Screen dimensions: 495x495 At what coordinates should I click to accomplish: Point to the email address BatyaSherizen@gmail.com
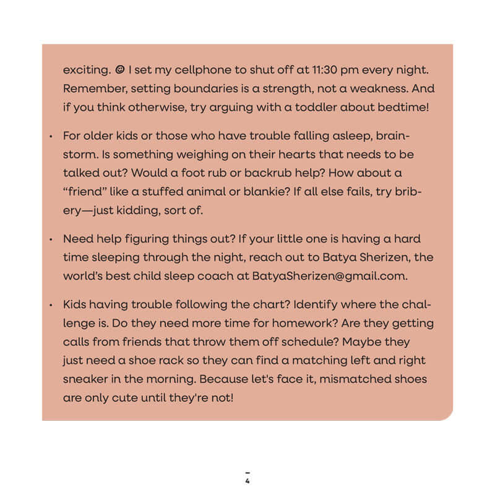329,276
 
